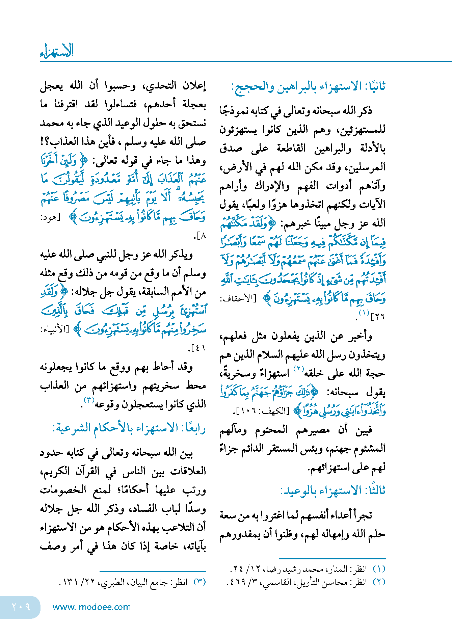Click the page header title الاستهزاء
pyautogui.click(x=57, y=51)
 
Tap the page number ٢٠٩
pyautogui.click(x=21, y=607)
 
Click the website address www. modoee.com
pyautogui.click(x=91, y=607)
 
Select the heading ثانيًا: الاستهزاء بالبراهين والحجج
pyautogui.click(x=308, y=87)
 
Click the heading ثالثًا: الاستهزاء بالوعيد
pyautogui.click(x=333, y=490)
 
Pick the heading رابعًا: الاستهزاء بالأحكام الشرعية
pyautogui.click(x=129, y=428)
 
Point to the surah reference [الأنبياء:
pyautogui.click(x=54, y=329)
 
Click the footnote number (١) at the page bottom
pyautogui.click(x=379, y=569)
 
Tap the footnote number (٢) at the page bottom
pyautogui.click(x=379, y=582)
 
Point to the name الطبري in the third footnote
pyautogui.click(x=108, y=582)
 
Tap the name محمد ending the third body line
pyautogui.click(x=52, y=123)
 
